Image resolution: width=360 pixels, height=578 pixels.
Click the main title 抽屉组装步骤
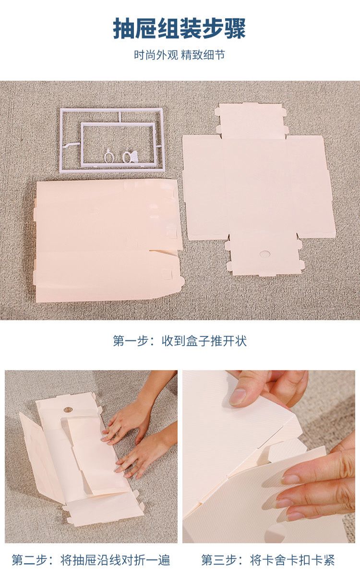[x=180, y=28]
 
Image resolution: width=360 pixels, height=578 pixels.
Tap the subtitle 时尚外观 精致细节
[x=180, y=55]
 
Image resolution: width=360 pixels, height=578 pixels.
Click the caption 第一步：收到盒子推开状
[x=180, y=341]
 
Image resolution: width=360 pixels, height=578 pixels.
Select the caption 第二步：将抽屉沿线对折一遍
[x=91, y=560]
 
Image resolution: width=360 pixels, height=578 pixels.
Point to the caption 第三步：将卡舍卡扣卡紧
[x=268, y=560]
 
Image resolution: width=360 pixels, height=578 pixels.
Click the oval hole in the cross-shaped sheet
[x=264, y=253]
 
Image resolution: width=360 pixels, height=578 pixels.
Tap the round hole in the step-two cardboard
[x=68, y=410]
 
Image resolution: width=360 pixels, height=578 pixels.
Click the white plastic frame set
[x=112, y=140]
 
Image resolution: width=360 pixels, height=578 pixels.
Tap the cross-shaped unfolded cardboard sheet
[x=259, y=189]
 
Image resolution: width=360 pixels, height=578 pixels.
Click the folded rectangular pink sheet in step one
[x=108, y=241]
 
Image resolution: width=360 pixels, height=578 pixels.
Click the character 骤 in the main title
[x=235, y=28]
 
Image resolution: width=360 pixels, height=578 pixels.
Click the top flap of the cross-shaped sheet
[x=251, y=120]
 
